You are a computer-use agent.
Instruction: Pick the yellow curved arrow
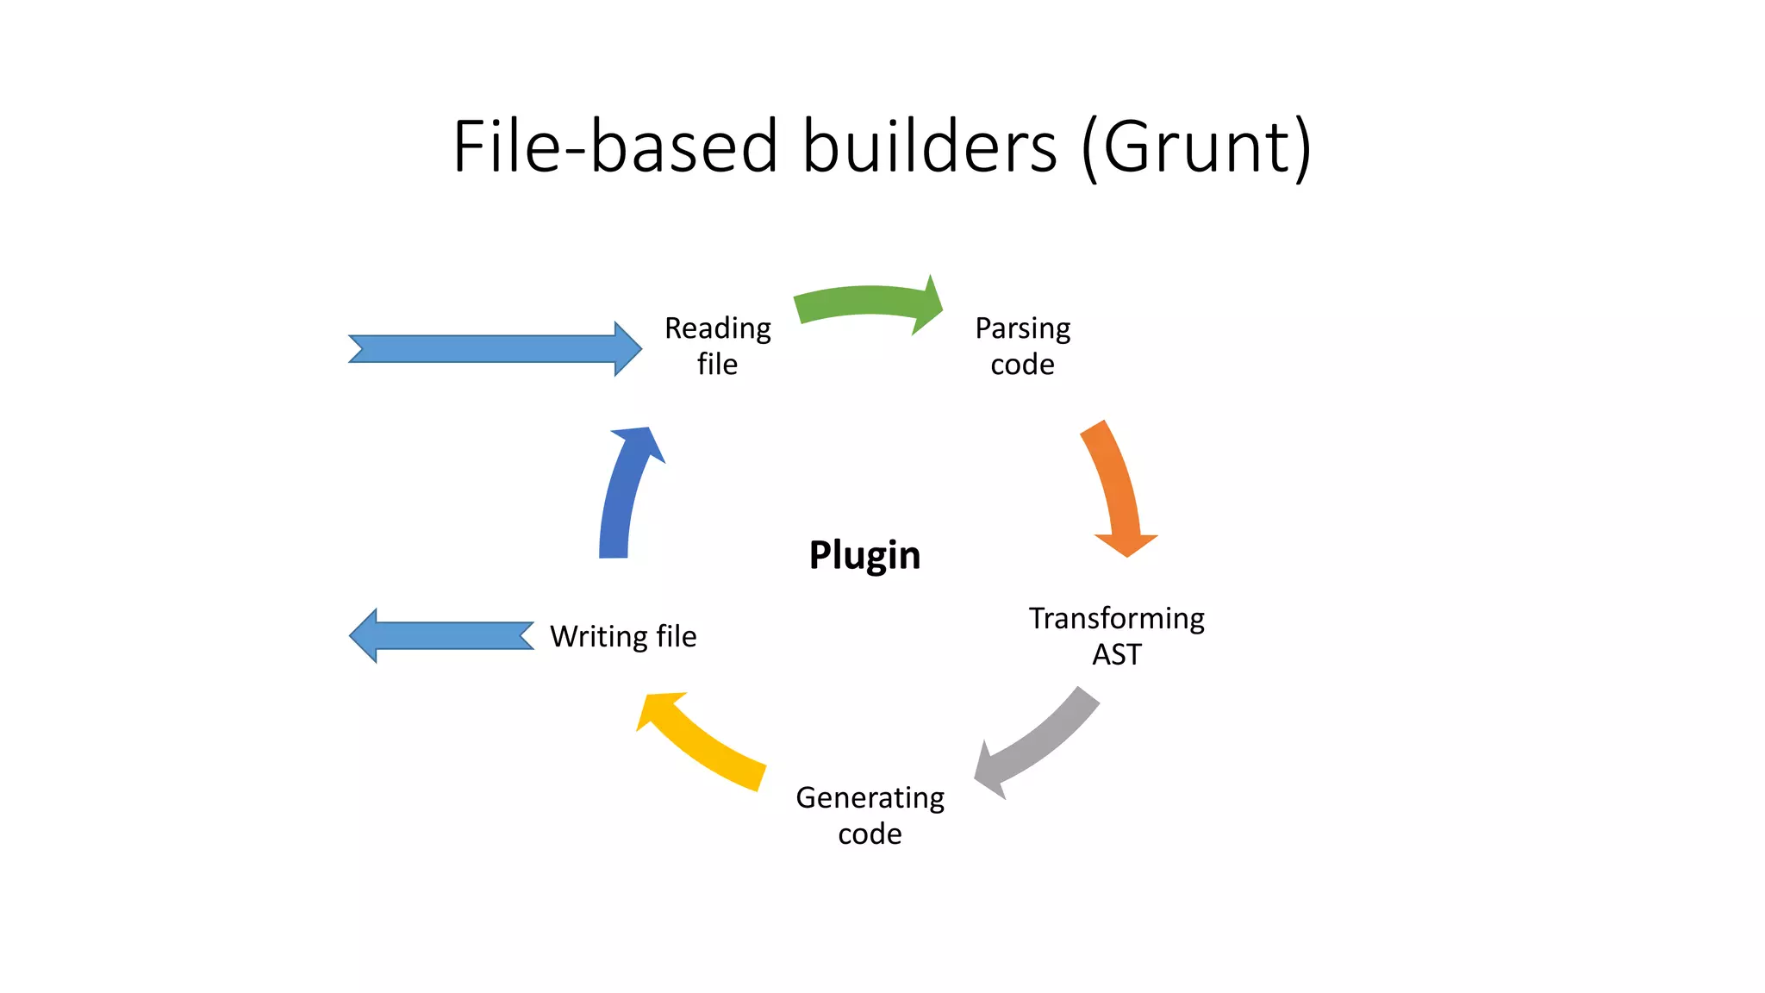click(702, 742)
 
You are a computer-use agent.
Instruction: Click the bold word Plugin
click(864, 555)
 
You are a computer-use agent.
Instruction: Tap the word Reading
click(718, 328)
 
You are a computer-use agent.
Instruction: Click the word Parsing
click(1023, 328)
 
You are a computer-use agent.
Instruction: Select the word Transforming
click(1117, 618)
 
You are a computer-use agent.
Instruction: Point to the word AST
click(1117, 655)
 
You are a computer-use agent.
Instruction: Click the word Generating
click(870, 798)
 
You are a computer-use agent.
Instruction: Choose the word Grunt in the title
click(1195, 147)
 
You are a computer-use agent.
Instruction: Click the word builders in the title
click(930, 147)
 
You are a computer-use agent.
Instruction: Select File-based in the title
click(615, 147)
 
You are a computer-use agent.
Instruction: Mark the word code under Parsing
click(1022, 365)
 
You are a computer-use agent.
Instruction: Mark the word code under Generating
click(870, 834)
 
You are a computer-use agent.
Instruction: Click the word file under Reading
click(717, 365)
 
